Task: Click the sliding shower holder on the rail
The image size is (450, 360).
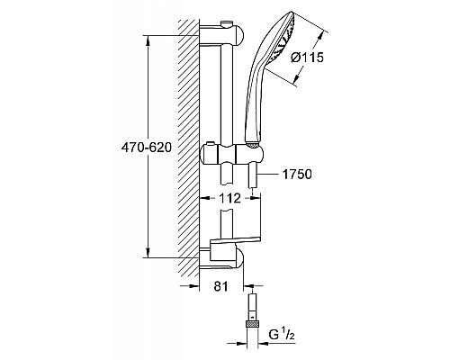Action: (x=229, y=155)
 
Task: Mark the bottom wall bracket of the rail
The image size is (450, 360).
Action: (x=226, y=260)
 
